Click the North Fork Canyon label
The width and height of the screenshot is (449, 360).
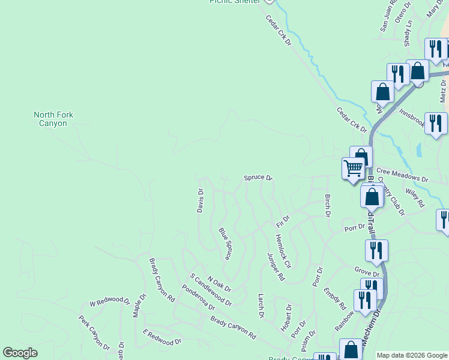[58, 119]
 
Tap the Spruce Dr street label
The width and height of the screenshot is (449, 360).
[258, 178]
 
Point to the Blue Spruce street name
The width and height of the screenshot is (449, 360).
[226, 243]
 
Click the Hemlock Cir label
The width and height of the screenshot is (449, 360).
[283, 251]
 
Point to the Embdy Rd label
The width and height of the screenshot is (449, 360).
[335, 298]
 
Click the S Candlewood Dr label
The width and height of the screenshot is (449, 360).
[211, 289]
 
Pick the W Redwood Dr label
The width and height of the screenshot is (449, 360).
[110, 300]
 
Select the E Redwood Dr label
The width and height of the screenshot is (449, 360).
[162, 337]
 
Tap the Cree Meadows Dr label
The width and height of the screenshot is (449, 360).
[402, 179]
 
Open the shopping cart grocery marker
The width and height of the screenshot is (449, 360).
[353, 169]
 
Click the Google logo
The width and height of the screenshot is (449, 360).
[20, 353]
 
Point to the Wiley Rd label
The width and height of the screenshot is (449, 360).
[414, 196]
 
